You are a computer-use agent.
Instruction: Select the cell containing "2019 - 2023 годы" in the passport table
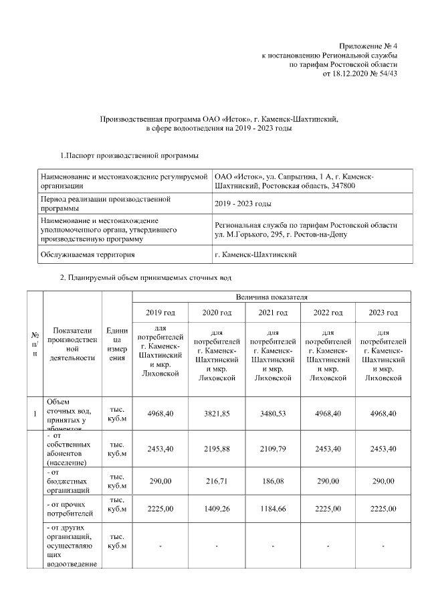pos(243,204)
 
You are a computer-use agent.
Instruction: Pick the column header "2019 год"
pos(160,313)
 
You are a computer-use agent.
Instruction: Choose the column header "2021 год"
pos(273,313)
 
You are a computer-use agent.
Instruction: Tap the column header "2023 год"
pos(383,313)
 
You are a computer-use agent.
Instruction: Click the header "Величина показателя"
pos(271,296)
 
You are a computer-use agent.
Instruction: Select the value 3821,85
pos(217,414)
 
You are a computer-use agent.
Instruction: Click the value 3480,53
pos(273,414)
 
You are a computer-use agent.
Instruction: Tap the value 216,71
pos(217,481)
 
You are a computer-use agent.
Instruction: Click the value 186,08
pos(273,481)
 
